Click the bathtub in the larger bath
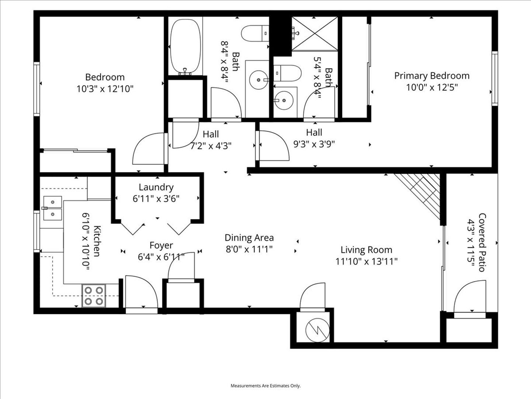coord(185,46)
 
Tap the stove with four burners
coord(94,296)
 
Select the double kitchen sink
coord(52,208)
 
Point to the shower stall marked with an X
coord(315,34)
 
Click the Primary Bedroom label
coord(432,76)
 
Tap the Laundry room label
coord(156,187)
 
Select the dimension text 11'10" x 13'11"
coord(366,262)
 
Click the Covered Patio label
coord(482,242)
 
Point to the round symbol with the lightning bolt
coord(317,330)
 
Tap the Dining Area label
coord(249,238)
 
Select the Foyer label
coord(161,245)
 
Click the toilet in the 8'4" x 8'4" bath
coord(255,33)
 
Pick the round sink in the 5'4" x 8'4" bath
coord(284,100)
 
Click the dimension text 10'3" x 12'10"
coord(105,89)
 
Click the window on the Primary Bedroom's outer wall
coord(495,78)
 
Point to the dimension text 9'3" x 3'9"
coord(314,144)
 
